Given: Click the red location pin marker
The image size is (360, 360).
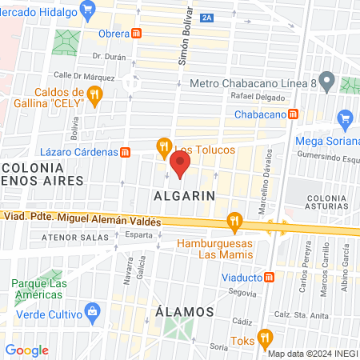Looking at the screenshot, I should click(181, 166).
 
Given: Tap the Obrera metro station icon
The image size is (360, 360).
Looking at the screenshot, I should click(138, 34).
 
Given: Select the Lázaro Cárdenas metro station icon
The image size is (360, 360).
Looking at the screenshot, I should click(125, 152).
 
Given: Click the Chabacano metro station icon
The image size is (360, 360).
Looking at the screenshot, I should click(294, 114).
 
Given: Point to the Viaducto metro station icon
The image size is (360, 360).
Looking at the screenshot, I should click(270, 278).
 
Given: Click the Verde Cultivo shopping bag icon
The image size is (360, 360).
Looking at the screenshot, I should click(92, 310).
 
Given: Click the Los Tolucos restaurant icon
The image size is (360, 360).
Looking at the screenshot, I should click(164, 146).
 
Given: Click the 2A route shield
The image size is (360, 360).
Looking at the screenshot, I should click(208, 18).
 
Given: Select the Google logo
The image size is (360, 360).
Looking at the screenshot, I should click(27, 350).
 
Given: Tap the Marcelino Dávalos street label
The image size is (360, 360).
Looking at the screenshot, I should click(262, 185).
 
